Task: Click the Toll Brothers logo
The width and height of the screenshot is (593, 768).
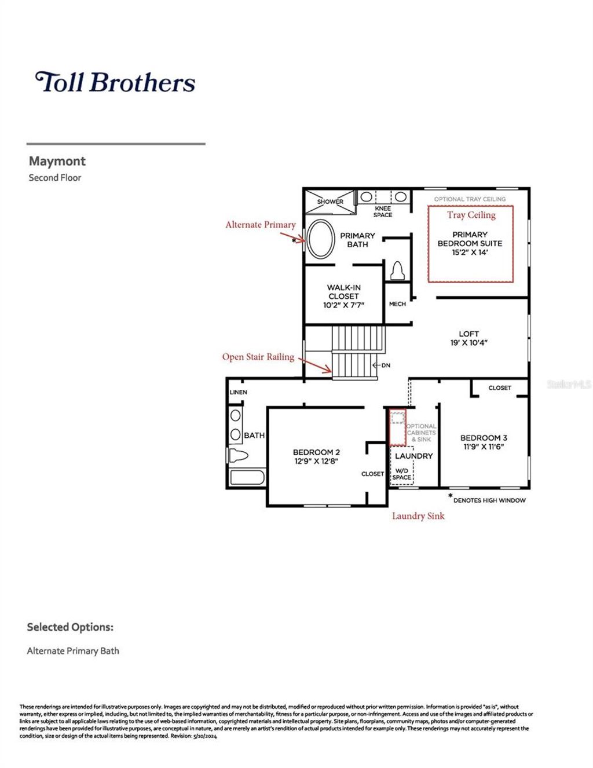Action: [x=115, y=82]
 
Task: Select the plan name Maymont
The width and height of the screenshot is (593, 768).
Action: [x=57, y=161]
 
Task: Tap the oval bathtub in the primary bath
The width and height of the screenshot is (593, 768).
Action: [x=321, y=239]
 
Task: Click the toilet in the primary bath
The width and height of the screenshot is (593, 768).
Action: [x=398, y=270]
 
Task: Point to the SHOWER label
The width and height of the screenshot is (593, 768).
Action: [x=330, y=202]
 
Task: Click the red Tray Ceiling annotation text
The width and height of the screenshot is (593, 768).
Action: [x=471, y=215]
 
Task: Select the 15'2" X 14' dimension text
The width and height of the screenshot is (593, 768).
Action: [x=470, y=253]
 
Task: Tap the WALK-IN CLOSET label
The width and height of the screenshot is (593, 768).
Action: [x=343, y=292]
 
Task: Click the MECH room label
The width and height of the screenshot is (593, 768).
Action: [x=397, y=304]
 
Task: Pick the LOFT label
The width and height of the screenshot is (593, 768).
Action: [x=468, y=334]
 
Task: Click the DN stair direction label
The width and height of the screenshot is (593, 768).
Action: [x=385, y=365]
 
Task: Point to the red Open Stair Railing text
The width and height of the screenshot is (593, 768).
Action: [x=258, y=357]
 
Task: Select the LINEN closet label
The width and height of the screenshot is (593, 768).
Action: [x=239, y=392]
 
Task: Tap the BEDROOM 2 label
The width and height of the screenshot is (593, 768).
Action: [x=316, y=452]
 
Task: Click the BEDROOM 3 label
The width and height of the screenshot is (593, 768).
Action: [x=484, y=438]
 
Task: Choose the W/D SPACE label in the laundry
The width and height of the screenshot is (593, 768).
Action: [x=401, y=474]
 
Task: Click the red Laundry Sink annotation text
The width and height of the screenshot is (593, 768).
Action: [x=418, y=516]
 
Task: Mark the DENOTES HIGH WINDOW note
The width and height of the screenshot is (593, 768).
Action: [x=489, y=500]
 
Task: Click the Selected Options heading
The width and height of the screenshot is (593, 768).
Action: [x=70, y=627]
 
